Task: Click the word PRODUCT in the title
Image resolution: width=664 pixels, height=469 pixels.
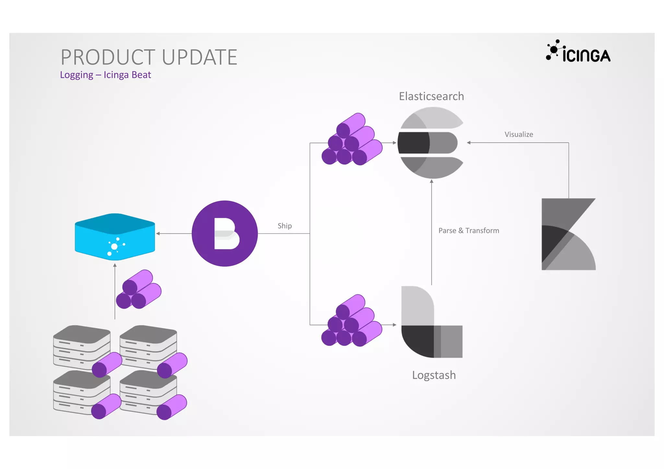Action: click(x=109, y=57)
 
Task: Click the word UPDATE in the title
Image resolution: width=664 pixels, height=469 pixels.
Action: click(x=199, y=57)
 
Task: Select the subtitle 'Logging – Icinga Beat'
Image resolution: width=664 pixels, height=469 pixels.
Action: click(x=105, y=75)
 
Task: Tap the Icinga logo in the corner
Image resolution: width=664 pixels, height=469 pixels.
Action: click(x=578, y=52)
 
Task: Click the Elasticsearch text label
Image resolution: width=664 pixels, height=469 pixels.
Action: click(x=431, y=96)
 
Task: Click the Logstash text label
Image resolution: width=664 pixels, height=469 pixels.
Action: click(x=434, y=375)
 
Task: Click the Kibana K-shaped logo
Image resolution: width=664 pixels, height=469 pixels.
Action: click(x=568, y=234)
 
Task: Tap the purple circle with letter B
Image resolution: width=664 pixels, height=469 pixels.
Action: click(x=225, y=234)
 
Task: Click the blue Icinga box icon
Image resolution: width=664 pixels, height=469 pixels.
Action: click(x=115, y=237)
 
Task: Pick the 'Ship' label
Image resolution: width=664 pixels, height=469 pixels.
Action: click(x=285, y=226)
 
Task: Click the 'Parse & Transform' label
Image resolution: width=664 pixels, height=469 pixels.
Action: click(x=468, y=231)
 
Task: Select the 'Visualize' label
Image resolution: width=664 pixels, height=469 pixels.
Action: click(x=518, y=135)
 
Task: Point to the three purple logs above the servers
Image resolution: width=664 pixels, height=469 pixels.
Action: click(x=138, y=289)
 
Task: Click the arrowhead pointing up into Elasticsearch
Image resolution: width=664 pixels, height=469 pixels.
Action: click(x=432, y=182)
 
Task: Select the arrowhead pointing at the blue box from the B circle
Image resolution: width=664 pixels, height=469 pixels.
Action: click(x=158, y=233)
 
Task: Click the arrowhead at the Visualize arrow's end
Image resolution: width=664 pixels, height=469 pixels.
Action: click(x=468, y=143)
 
